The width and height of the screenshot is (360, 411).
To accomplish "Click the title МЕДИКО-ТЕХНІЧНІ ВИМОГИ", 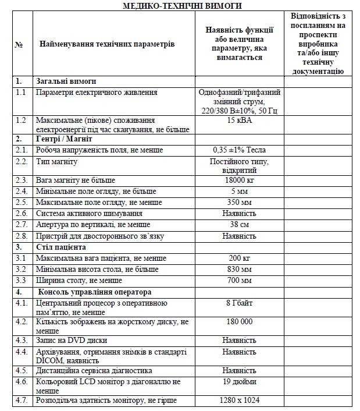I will click(x=182, y=5).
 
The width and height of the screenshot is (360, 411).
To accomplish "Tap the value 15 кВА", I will click(x=240, y=120).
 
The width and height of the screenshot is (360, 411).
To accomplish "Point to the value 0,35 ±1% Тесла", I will click(x=240, y=150).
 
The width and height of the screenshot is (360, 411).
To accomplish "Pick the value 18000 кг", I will click(x=240, y=180).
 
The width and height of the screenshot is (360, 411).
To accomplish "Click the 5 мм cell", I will click(x=240, y=191).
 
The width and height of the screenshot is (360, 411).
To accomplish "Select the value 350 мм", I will click(x=240, y=202).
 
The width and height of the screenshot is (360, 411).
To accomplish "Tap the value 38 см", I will click(x=240, y=224).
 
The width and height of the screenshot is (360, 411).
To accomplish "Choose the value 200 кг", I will click(x=240, y=258).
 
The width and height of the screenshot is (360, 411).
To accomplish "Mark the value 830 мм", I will click(x=240, y=269).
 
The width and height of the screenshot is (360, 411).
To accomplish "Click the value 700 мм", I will click(x=240, y=281).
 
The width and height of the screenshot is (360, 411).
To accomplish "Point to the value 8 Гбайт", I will click(x=240, y=303).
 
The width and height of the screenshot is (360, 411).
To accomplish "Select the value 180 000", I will click(x=240, y=321).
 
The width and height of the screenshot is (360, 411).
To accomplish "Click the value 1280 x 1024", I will click(x=240, y=401).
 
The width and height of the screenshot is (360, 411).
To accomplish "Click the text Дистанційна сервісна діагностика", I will click(x=94, y=370).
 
